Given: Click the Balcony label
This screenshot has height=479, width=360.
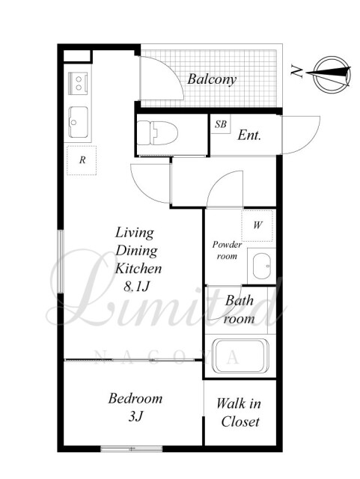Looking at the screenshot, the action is click(212, 79).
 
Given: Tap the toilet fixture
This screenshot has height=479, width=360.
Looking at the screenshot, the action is click(157, 133).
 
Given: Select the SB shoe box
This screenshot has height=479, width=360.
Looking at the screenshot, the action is click(220, 124).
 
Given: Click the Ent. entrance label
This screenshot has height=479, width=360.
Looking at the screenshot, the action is click(249, 135).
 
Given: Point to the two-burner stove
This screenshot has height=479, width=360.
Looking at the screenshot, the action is click(79, 83).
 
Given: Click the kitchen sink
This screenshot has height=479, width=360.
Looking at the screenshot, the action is click(79, 122).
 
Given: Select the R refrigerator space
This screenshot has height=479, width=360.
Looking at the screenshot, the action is click(82, 160).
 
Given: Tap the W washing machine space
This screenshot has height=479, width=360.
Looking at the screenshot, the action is click(257, 225).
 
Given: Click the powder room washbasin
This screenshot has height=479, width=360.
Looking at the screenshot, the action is click(262, 266).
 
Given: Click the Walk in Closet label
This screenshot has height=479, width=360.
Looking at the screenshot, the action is click(240, 412).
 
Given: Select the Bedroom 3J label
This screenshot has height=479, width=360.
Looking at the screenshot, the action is click(135, 407).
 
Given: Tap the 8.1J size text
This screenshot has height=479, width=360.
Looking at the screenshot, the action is click(136, 287).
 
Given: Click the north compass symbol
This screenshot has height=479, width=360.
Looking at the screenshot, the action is click(332, 75).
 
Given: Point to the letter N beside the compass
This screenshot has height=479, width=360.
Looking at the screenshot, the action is click(296, 71).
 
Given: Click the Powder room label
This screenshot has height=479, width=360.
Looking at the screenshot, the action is click(227, 250).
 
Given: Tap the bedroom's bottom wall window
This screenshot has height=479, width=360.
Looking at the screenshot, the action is click(132, 449).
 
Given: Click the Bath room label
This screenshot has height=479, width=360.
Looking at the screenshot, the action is click(240, 310).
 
